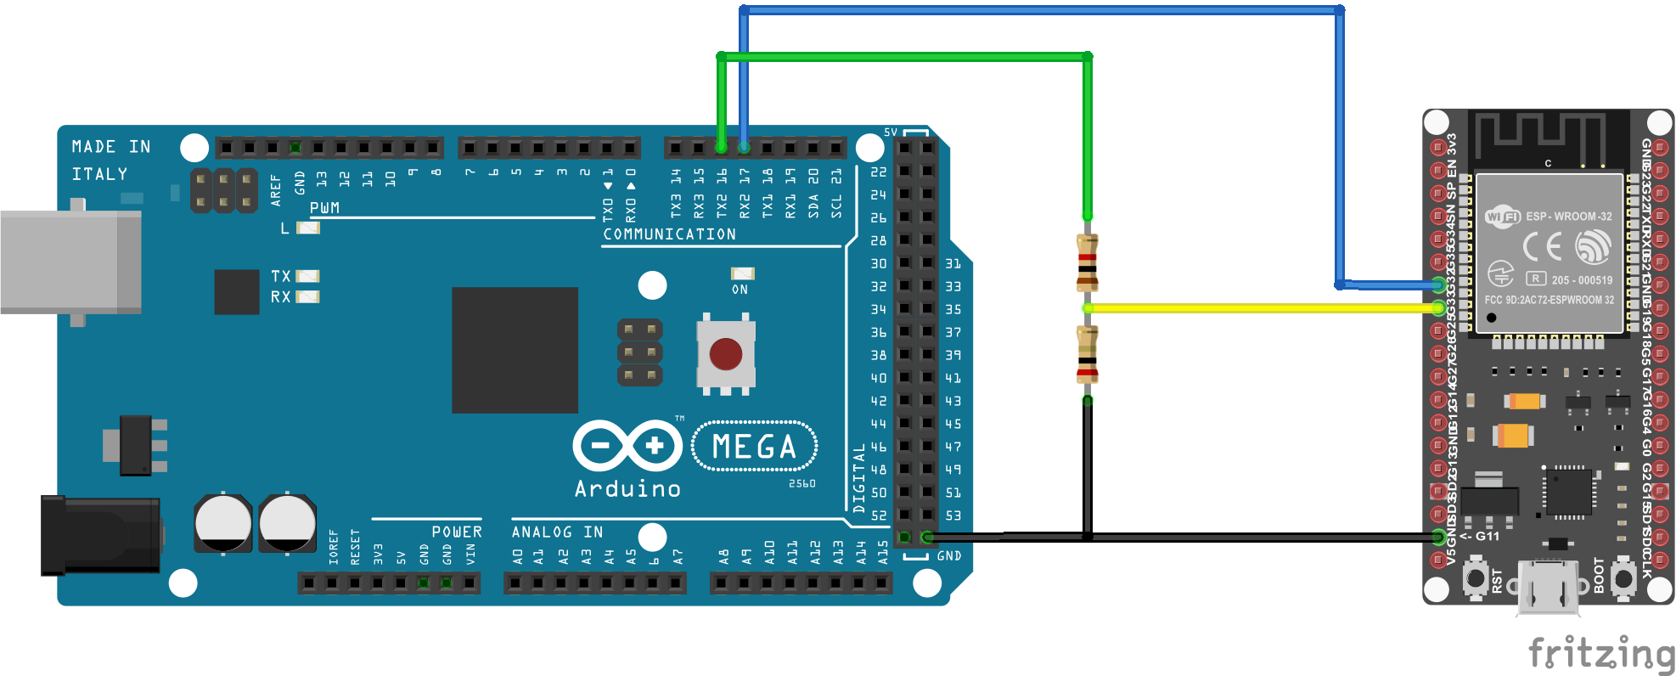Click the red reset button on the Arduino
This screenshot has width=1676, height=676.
coord(726,354)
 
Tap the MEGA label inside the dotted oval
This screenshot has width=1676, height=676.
coord(754,447)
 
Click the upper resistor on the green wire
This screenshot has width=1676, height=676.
coord(1087,262)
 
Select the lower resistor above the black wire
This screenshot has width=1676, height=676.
coord(1087,355)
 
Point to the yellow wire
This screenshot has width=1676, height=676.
coord(1257,308)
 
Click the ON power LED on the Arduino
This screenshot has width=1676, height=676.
coord(742,273)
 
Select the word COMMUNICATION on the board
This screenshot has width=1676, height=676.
coord(670,234)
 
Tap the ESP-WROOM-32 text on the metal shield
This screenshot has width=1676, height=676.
coord(1568,217)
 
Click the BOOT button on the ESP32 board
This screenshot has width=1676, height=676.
coord(1623,579)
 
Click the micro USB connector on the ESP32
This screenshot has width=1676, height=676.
coord(1549,587)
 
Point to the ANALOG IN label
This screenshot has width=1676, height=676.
coord(557,532)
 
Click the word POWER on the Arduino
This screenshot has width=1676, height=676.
coord(457,532)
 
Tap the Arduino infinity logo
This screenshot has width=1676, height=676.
coord(627,446)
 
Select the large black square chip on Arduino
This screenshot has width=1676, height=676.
coord(515,350)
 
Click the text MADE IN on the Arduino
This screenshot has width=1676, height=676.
coord(111,147)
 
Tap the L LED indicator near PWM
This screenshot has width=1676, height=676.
coord(307,228)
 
